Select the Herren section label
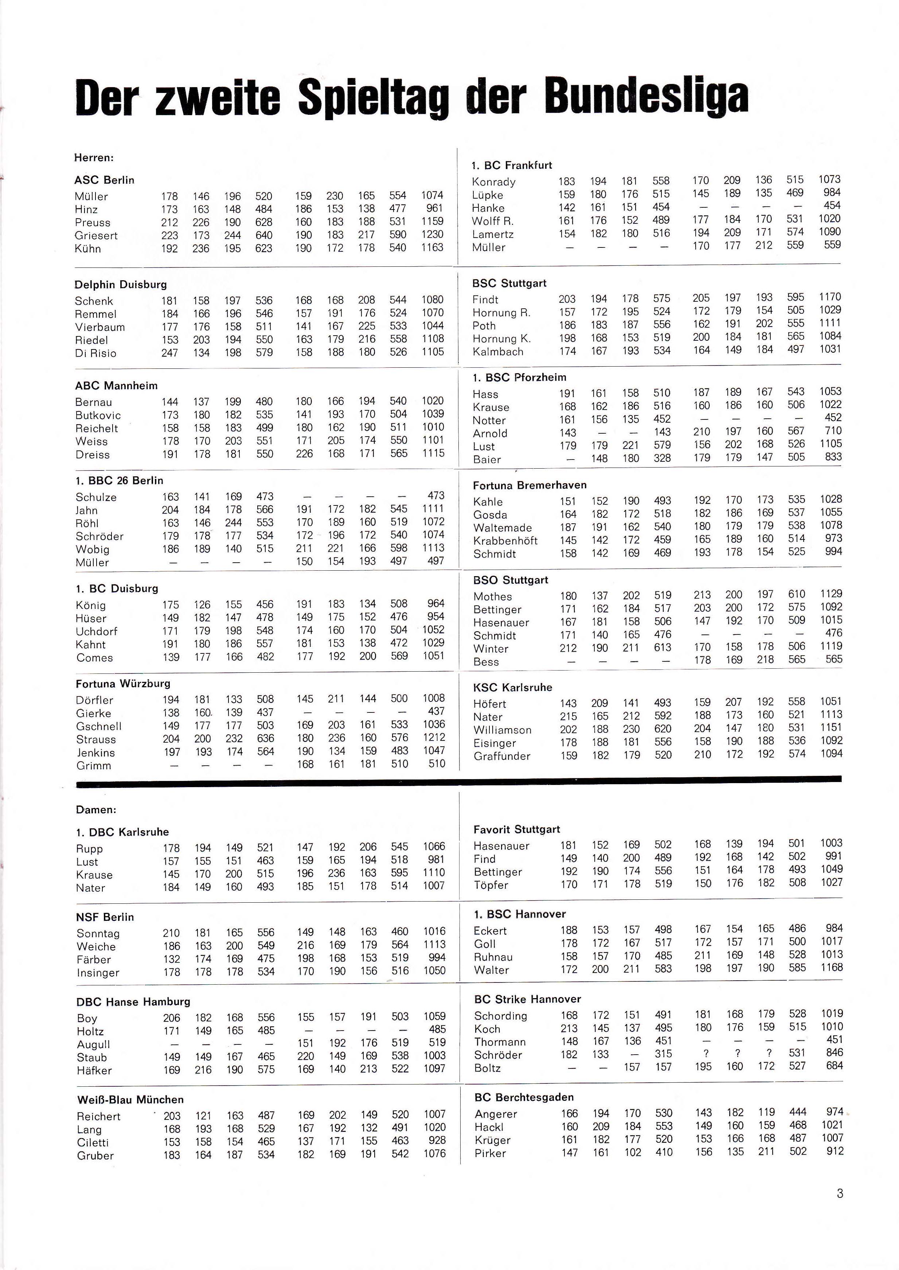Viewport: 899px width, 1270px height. tap(94, 158)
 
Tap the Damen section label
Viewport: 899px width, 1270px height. tap(96, 809)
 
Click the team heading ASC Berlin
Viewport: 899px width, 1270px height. tap(104, 180)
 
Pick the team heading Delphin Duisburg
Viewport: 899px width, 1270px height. tap(121, 285)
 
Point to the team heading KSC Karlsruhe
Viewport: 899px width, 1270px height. tap(513, 688)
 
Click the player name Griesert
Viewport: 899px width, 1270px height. tap(96, 236)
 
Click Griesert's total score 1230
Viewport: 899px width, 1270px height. tap(432, 235)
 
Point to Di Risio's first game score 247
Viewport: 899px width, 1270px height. tap(169, 353)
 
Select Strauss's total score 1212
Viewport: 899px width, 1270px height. tap(434, 738)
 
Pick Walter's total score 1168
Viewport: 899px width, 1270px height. tap(832, 967)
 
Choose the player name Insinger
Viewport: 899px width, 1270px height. tap(98, 973)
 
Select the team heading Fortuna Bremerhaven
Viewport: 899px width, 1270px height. tap(529, 485)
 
